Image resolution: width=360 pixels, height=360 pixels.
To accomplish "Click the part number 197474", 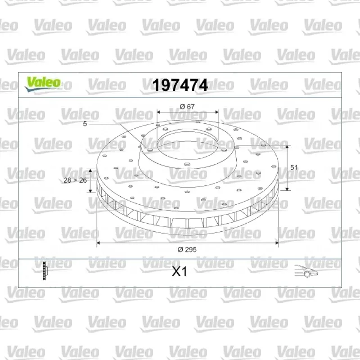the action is pos(180,85).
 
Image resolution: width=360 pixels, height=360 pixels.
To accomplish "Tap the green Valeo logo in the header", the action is pos(43,84).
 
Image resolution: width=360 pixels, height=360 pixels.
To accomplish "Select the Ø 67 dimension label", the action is pos(187,107).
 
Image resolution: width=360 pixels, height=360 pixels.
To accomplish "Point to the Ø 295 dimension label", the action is pos(187,250).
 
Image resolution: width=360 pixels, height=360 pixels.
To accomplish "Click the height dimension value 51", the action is pos(294,167).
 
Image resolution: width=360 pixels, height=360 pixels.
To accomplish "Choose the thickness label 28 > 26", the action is pos(75,180).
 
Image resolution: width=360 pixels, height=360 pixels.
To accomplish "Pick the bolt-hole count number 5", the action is pos(85,124).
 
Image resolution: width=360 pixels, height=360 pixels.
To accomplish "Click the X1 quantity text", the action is pos(180,272).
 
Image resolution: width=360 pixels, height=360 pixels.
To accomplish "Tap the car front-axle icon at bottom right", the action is pos(306,271).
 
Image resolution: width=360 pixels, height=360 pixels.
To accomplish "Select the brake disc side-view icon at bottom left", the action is pos(45,271).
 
